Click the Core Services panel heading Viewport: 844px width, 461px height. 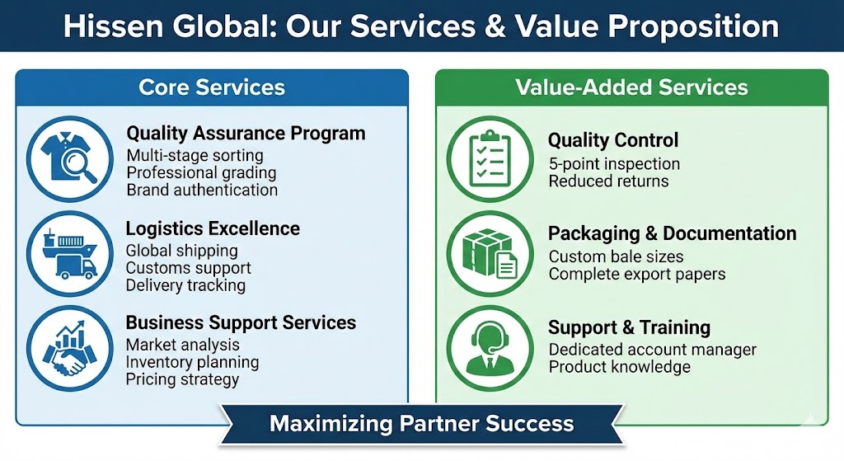click(x=212, y=87)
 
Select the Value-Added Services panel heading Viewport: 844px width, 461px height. click(x=631, y=87)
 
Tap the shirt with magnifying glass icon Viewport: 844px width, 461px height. click(x=70, y=159)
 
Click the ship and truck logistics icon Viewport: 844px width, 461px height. click(x=70, y=254)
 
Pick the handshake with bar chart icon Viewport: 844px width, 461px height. click(x=70, y=349)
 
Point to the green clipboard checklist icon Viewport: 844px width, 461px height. click(x=490, y=159)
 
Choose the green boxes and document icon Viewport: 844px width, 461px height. click(x=490, y=254)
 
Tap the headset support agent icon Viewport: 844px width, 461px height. click(x=490, y=349)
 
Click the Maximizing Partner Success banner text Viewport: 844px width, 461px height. click(x=421, y=423)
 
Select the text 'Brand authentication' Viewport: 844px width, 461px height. click(x=202, y=191)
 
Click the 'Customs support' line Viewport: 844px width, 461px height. click(x=189, y=268)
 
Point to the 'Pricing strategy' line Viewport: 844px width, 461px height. click(x=182, y=379)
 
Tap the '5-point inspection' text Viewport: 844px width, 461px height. click(x=614, y=164)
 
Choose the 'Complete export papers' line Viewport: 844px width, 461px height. click(x=637, y=274)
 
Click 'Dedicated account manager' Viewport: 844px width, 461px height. click(x=653, y=350)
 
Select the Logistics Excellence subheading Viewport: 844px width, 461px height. click(x=213, y=229)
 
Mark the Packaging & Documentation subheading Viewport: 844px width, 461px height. click(x=673, y=233)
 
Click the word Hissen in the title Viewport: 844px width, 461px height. click(x=113, y=26)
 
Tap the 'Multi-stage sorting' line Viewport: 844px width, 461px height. click(x=195, y=156)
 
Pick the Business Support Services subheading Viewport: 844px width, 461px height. click(x=241, y=322)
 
